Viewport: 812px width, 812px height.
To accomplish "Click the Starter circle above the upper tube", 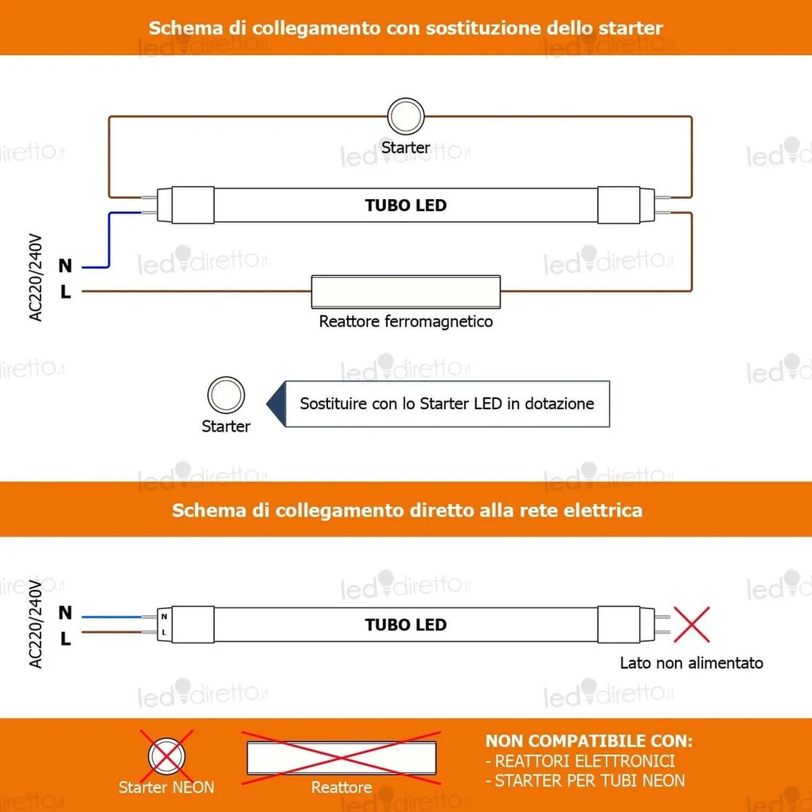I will [405, 117].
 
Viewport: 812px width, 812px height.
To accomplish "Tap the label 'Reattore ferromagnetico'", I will [405, 322].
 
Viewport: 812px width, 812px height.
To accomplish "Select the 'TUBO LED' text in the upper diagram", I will [406, 205].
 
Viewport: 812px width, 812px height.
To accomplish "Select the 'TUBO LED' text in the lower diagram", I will [406, 625].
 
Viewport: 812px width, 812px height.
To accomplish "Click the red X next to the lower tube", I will [692, 625].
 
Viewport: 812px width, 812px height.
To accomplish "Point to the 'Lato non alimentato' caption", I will [691, 663].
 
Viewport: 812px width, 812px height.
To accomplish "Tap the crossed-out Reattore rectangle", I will [342, 755].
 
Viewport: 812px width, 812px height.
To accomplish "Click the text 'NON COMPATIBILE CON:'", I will [588, 741].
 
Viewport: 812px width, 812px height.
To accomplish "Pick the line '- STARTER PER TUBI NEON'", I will [584, 781].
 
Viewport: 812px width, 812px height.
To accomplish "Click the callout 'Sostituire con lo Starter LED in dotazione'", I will [447, 404].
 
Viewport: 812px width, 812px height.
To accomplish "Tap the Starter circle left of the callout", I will [226, 396].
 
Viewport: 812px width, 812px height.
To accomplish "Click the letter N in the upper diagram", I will [65, 265].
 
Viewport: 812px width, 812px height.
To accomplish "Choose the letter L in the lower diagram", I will [65, 638].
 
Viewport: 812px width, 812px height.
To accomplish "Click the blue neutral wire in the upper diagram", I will [108, 239].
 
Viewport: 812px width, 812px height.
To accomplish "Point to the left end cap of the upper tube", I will [185, 205].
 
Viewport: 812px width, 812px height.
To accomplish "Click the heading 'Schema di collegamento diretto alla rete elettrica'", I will [407, 510].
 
